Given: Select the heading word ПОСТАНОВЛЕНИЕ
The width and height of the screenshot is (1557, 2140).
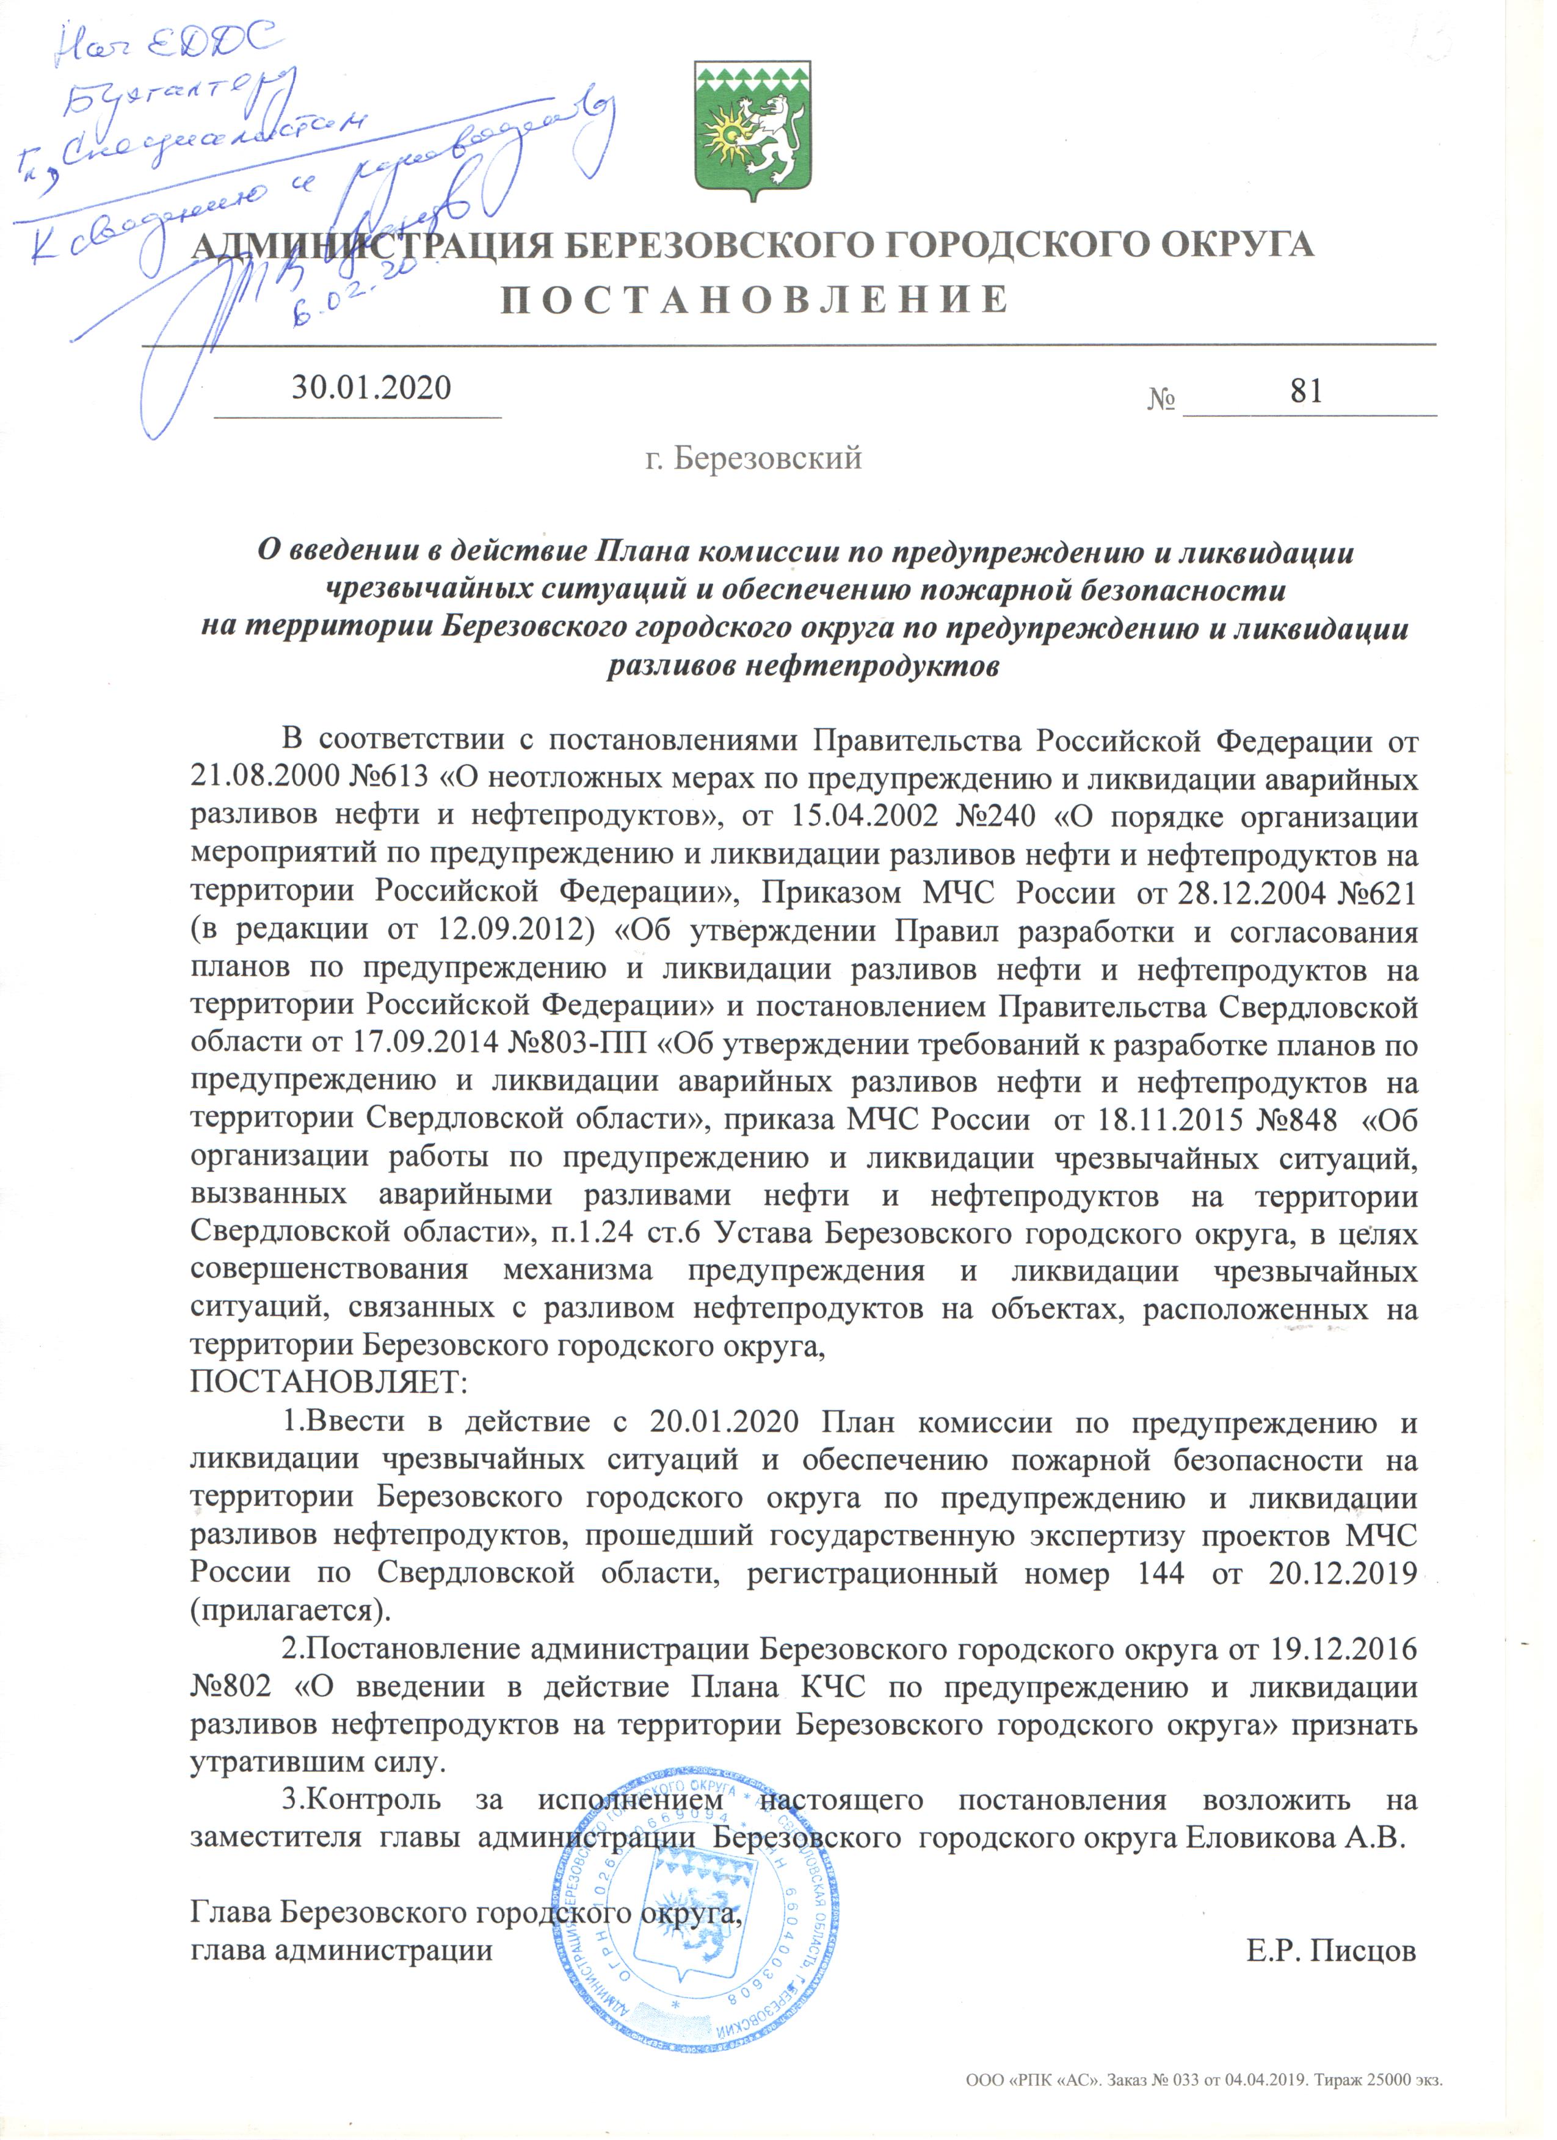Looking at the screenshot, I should (754, 300).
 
